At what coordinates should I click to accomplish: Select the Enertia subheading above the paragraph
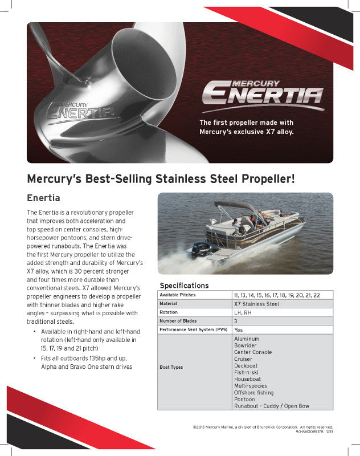click(43, 198)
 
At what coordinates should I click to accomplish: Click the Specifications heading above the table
click(184, 285)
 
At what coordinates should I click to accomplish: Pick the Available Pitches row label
click(177, 295)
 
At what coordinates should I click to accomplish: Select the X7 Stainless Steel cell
click(256, 304)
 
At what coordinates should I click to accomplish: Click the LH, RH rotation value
click(243, 312)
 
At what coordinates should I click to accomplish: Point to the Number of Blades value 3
click(236, 321)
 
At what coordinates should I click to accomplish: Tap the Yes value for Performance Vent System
click(238, 329)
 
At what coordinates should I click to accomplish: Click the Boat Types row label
click(171, 367)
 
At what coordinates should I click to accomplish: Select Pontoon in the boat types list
click(245, 400)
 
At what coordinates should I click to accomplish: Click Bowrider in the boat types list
click(246, 345)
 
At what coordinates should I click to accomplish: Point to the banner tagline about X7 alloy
click(246, 127)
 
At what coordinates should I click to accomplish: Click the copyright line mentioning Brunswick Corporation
click(263, 426)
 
